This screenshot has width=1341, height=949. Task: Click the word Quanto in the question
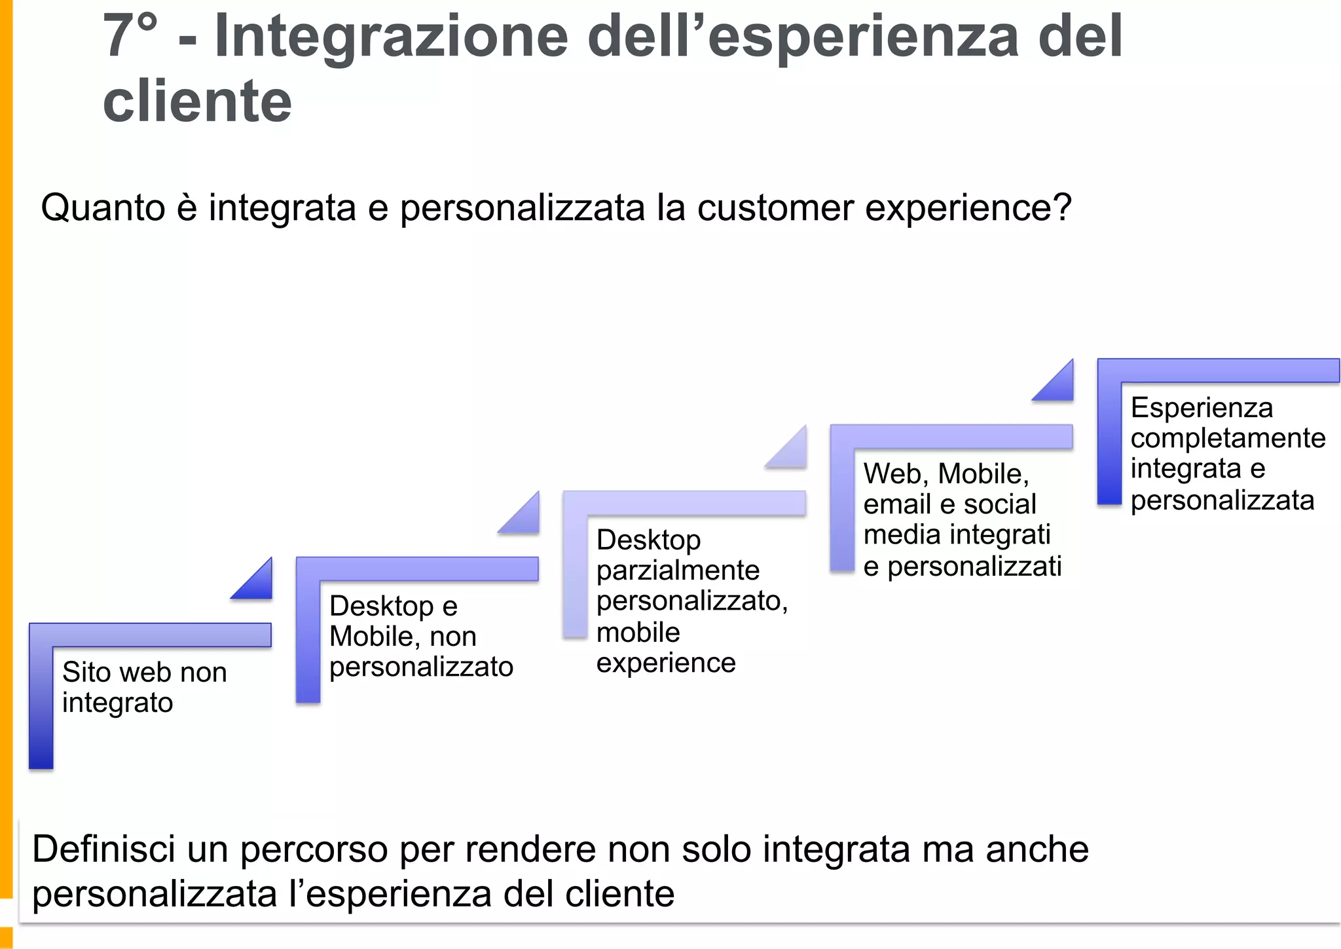(x=103, y=208)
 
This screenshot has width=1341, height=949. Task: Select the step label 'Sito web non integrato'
(x=144, y=687)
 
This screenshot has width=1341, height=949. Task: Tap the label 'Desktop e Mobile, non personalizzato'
(x=420, y=636)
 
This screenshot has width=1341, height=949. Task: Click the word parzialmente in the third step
(x=678, y=570)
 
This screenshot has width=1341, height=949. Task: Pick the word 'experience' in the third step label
(x=666, y=663)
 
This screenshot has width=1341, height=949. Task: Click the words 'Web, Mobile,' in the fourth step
(x=946, y=474)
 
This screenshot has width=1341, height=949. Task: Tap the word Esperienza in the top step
(x=1202, y=407)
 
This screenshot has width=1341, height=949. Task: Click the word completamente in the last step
(x=1228, y=437)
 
